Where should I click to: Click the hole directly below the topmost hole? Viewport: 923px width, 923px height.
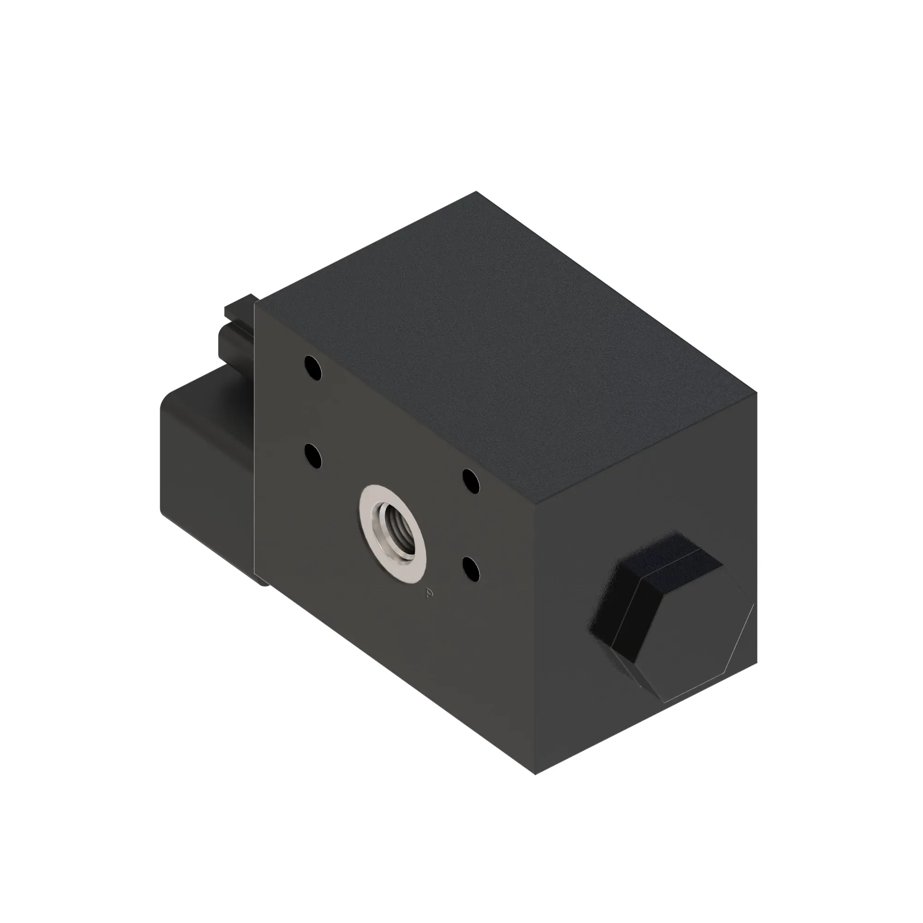[313, 456]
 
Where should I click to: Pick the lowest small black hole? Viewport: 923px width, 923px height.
[472, 569]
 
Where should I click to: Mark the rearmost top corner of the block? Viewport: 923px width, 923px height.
[476, 192]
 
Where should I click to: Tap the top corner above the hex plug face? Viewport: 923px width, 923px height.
[757, 393]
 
